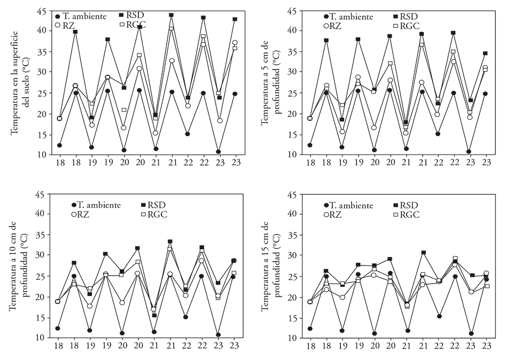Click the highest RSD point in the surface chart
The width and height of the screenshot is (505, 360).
[x=172, y=15]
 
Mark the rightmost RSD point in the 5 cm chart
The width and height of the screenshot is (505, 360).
[x=485, y=53]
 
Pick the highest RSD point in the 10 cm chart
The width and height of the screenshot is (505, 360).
[x=170, y=241]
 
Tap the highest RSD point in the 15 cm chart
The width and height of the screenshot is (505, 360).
[x=423, y=253]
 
